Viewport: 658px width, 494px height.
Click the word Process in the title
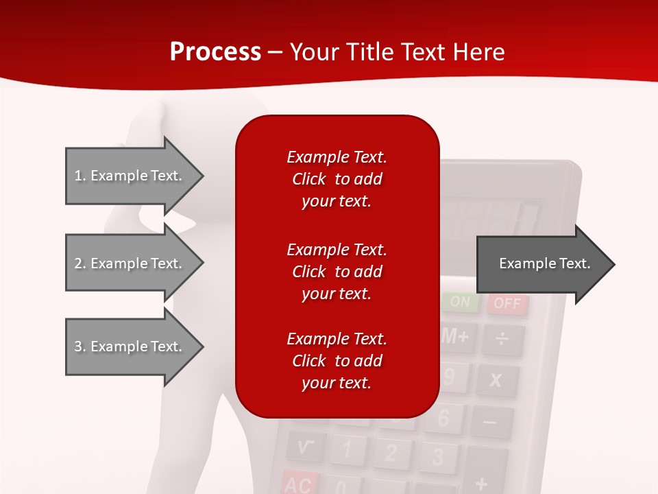coord(215,52)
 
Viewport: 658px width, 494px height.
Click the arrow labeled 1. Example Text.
coord(130,176)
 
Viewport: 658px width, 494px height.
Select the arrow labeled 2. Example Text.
coord(130,263)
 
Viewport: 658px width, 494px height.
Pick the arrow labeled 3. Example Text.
coord(130,346)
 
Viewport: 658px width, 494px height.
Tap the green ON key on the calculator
coord(461,301)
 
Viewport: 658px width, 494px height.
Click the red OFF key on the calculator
coord(507,303)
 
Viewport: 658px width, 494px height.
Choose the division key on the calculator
coord(502,339)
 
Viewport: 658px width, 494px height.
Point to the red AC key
coord(299,483)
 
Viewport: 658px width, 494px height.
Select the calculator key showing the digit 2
coord(391,453)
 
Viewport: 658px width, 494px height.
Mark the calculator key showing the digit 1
coord(348,449)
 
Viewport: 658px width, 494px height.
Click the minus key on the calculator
coord(489,421)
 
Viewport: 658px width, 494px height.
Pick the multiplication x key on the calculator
coord(496,379)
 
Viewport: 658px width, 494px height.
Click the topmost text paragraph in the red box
coord(337,179)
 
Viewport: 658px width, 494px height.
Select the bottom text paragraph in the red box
coord(337,361)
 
